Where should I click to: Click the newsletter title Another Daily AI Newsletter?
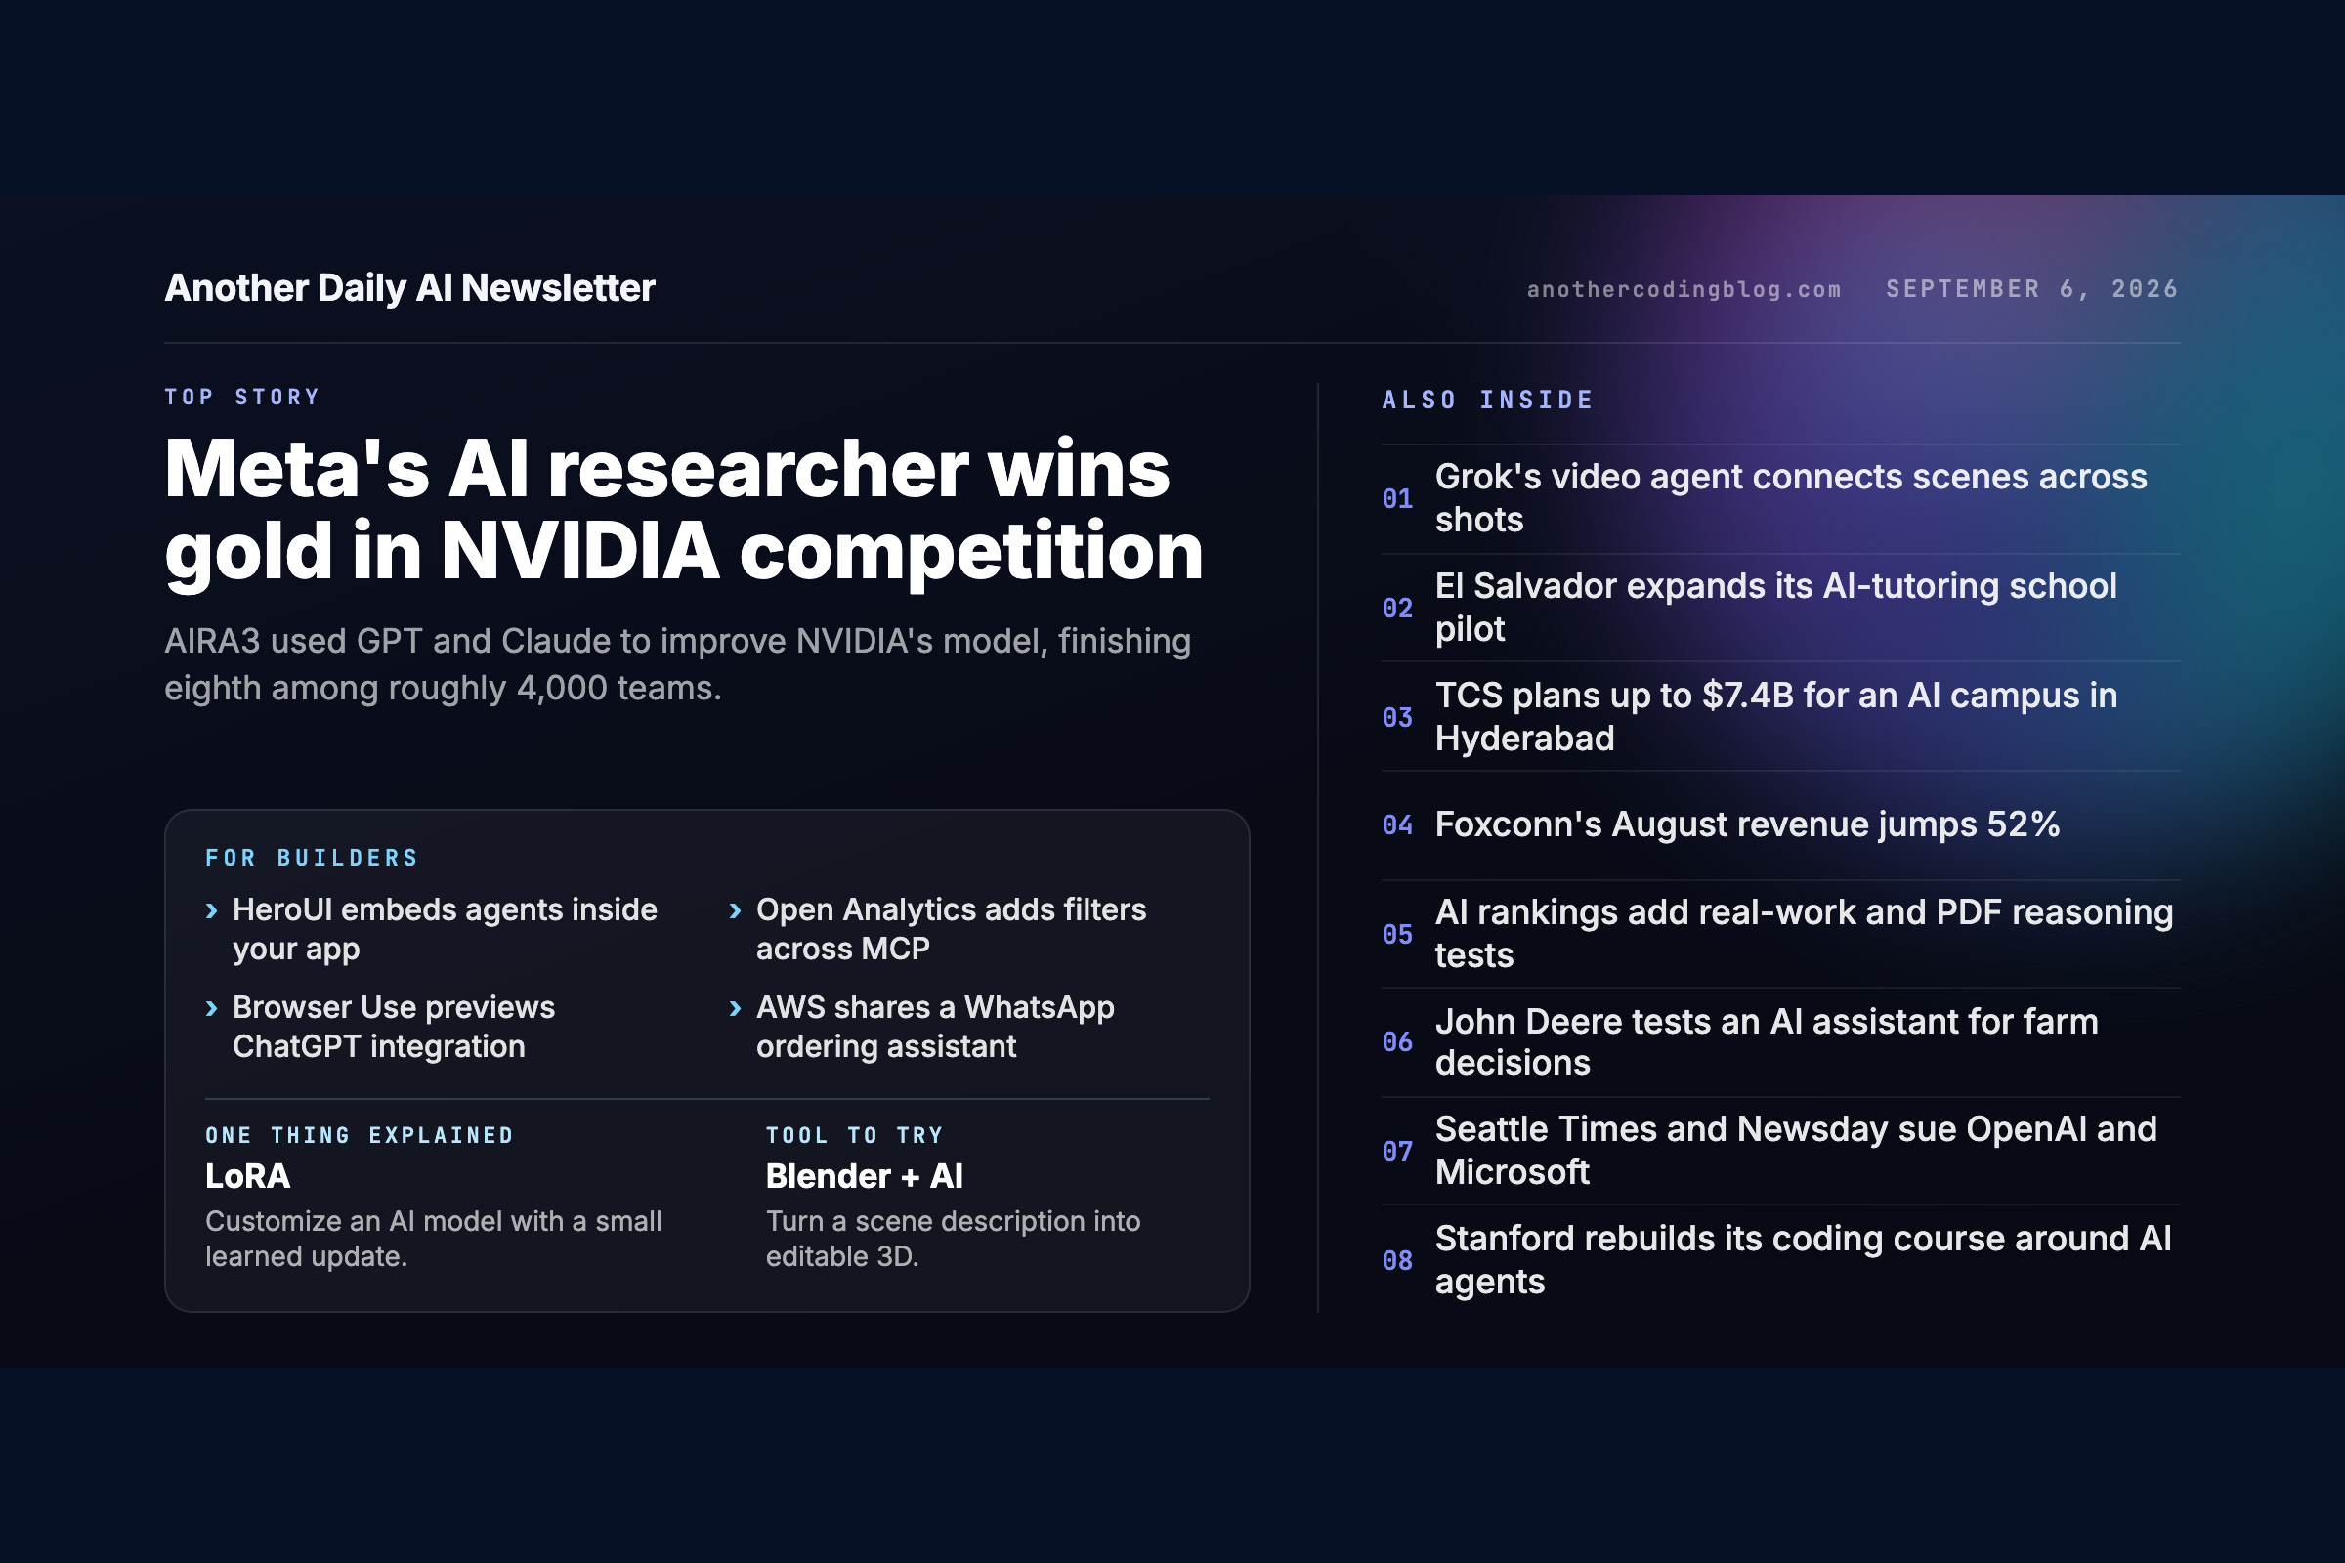(409, 288)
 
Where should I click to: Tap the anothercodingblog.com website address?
(1684, 289)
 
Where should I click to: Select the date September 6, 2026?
(2032, 289)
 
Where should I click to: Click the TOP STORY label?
(242, 397)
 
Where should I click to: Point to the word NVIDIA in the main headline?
(580, 550)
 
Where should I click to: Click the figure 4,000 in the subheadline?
(561, 688)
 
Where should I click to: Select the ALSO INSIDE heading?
(1487, 400)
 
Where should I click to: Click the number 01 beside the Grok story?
(1397, 498)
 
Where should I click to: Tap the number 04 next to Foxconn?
(1397, 824)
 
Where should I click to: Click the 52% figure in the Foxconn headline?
(2023, 824)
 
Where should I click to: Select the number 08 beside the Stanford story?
(1397, 1260)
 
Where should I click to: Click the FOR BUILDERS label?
(311, 859)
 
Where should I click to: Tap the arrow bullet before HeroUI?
(211, 911)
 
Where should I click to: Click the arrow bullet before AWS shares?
(735, 1009)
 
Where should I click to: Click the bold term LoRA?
(247, 1176)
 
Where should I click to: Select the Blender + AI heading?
(865, 1176)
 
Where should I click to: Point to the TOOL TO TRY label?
(853, 1135)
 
